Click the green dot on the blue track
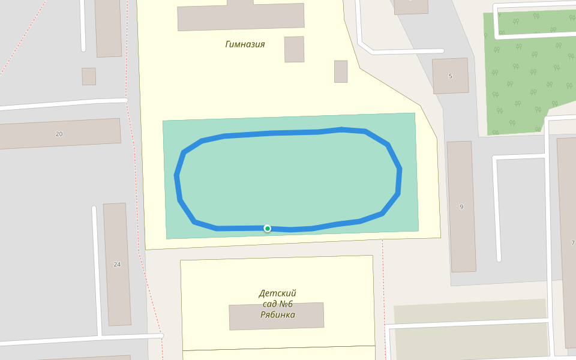[x=268, y=229]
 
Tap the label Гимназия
[x=245, y=44]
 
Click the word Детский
[x=277, y=293]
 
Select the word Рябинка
[x=277, y=314]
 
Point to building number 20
[x=59, y=134]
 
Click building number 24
[x=117, y=264]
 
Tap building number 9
[x=461, y=207]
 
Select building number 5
[x=450, y=76]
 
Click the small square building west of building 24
[x=89, y=76]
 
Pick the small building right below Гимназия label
[x=294, y=49]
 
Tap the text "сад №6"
[x=277, y=304]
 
